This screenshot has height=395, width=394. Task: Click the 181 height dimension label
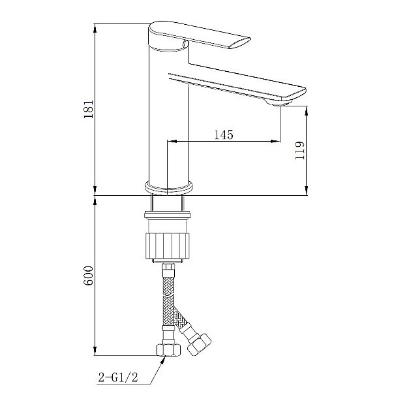pyautogui.click(x=88, y=109)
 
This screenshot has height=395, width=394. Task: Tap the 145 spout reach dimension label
pyautogui.click(x=224, y=134)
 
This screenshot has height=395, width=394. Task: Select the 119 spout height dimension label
pyautogui.click(x=299, y=151)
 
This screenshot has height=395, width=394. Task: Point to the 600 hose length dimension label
pyautogui.click(x=88, y=276)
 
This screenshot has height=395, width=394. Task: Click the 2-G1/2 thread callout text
pyautogui.click(x=118, y=377)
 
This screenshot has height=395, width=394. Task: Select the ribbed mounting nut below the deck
pyautogui.click(x=167, y=245)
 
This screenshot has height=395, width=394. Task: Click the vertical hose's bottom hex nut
pyautogui.click(x=168, y=350)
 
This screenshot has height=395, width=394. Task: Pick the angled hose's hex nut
pyautogui.click(x=199, y=345)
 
